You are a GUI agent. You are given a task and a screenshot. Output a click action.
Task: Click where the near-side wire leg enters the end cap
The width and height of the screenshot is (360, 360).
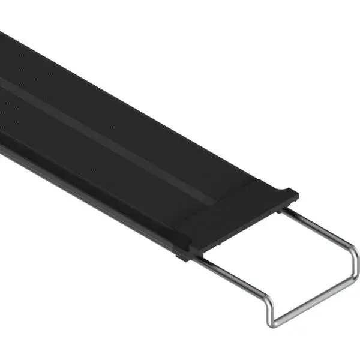point(198,259)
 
